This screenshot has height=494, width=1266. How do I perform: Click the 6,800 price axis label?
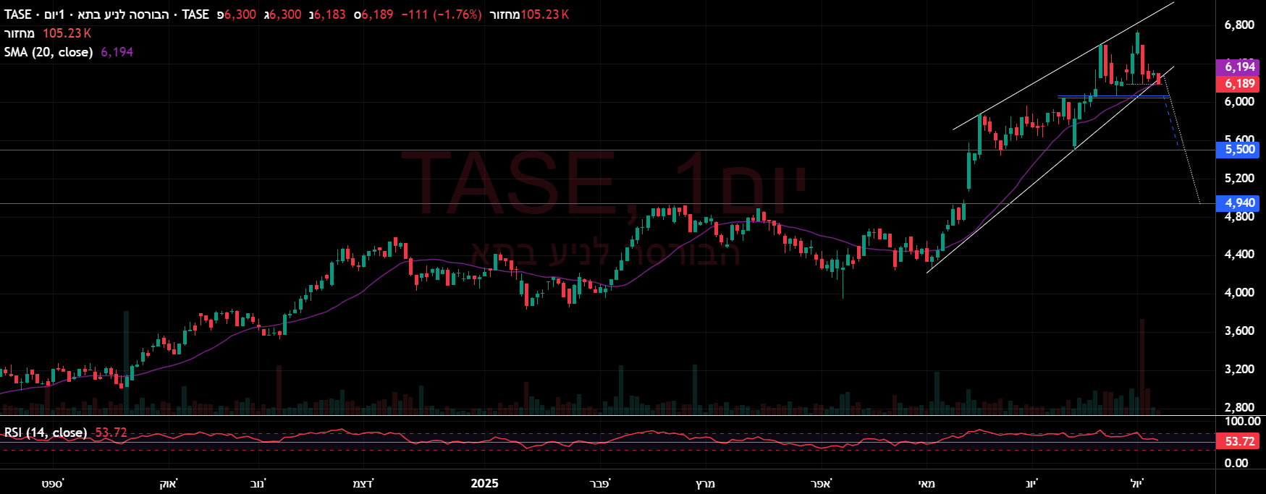pos(1239,25)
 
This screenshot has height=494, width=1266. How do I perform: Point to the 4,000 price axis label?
pos(1239,293)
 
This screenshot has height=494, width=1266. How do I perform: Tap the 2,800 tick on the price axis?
pos(1239,408)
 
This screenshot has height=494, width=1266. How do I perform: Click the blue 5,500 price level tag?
pos(1240,150)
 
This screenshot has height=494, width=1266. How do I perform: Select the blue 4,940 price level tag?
pos(1240,203)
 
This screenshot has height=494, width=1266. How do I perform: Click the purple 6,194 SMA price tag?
pos(1240,67)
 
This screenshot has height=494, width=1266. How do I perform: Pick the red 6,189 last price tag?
pos(1240,84)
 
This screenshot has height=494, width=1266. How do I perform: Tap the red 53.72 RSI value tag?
pos(1240,441)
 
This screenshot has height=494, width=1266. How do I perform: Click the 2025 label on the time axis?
pos(484,483)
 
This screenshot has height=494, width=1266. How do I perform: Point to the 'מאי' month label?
pos(926,483)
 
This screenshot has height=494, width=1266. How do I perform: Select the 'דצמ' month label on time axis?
pos(363,483)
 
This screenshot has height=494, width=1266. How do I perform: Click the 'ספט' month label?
pos(52,483)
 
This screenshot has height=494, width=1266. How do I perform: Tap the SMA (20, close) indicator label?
pos(48,52)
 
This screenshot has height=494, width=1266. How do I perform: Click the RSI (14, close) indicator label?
pos(46,433)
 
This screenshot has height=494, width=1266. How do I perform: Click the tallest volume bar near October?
pos(127,362)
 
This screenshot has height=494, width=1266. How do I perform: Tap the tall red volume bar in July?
pos(1142,365)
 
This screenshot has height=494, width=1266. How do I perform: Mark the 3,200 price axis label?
pos(1239,370)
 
